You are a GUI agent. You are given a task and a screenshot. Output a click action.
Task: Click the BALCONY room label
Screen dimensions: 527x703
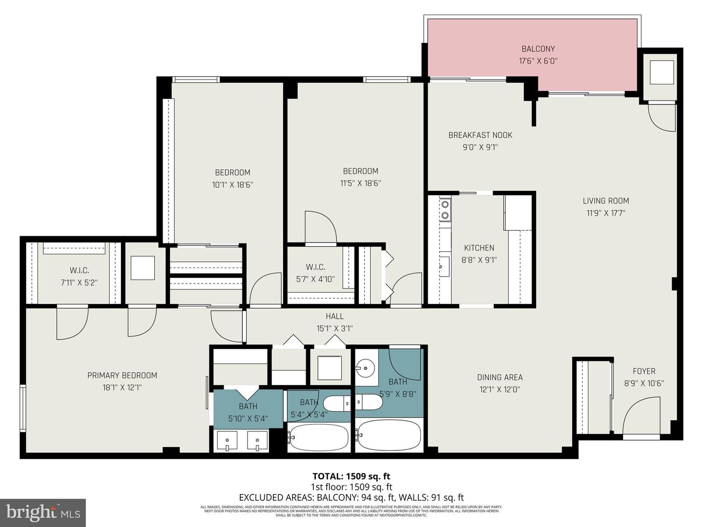tap(538, 49)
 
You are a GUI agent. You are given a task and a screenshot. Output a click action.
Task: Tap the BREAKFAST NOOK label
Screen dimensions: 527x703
tap(480, 135)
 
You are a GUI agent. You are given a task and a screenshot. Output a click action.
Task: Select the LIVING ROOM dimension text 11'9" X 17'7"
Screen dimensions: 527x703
tap(606, 213)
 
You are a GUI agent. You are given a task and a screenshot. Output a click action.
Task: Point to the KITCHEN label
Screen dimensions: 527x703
tap(479, 248)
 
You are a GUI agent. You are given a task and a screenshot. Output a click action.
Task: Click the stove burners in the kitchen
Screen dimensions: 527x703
tap(445, 209)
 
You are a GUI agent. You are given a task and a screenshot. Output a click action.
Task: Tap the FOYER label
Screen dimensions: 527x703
tap(644, 371)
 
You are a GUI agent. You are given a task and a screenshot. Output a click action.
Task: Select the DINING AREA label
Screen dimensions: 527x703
tap(499, 377)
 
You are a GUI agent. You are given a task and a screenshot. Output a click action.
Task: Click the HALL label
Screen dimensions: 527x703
tap(335, 316)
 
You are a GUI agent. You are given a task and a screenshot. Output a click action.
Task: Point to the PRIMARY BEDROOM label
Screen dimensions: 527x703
tap(122, 375)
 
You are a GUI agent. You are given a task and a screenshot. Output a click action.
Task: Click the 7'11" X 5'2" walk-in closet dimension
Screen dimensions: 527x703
tap(79, 283)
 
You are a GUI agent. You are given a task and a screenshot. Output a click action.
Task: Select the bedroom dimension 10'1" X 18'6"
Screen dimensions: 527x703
tap(232, 184)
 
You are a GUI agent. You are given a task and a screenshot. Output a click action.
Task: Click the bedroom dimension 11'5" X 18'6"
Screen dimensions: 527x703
tap(360, 183)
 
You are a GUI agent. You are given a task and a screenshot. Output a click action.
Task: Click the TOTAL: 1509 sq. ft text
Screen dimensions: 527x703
tap(351, 476)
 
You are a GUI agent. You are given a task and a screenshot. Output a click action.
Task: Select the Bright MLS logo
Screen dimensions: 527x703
tap(43, 512)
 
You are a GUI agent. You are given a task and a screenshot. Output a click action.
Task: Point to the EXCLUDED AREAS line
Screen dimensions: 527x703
tap(351, 497)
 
